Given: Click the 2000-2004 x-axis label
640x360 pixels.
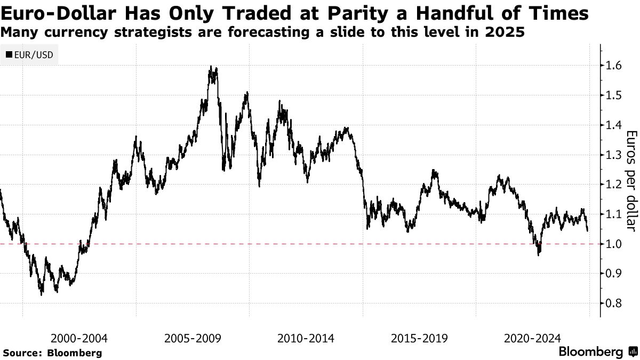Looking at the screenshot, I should coord(79,338).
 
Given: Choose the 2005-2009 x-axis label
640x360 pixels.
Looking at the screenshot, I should coord(193,338).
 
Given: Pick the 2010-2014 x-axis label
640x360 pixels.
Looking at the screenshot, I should coord(306,338).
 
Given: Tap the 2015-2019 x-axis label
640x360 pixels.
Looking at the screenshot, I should coord(419,338).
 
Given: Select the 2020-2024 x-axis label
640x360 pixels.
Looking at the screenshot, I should coord(532,338).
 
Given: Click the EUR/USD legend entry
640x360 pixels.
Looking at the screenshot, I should coord(30,54).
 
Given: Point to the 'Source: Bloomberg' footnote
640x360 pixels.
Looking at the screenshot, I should coord(52,353).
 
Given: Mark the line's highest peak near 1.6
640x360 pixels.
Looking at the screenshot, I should coord(212,67).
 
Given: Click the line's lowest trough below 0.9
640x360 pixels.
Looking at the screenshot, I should coord(42,294).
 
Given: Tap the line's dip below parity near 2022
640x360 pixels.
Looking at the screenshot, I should coord(538,255).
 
